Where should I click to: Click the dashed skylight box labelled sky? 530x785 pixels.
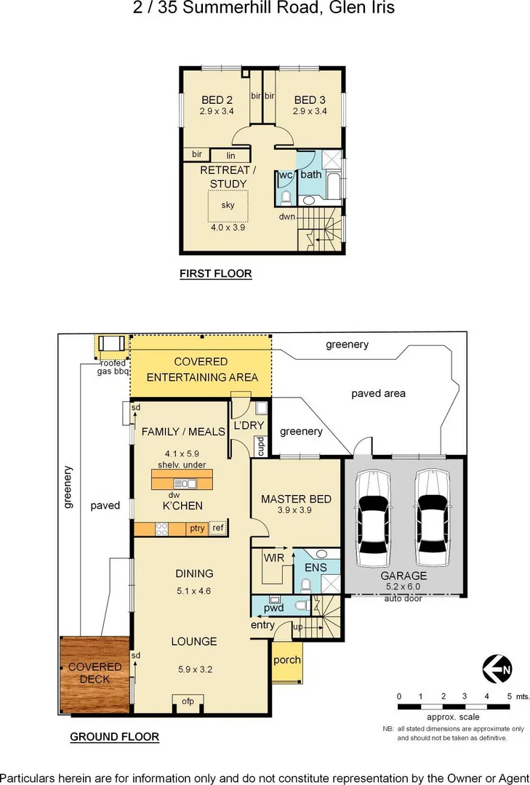[x=228, y=206]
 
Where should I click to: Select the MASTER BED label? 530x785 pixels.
[x=296, y=499]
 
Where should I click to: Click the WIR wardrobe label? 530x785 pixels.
[x=273, y=558]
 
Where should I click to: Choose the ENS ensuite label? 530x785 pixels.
[x=316, y=567]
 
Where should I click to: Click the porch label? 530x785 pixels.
[x=286, y=660]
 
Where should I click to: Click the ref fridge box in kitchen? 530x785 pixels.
[x=217, y=528]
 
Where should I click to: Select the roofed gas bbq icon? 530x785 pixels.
[x=111, y=345]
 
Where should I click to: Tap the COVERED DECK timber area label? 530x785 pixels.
[x=95, y=673]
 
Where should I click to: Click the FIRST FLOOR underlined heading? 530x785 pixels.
[x=215, y=274]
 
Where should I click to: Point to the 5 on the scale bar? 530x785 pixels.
[x=510, y=696]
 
